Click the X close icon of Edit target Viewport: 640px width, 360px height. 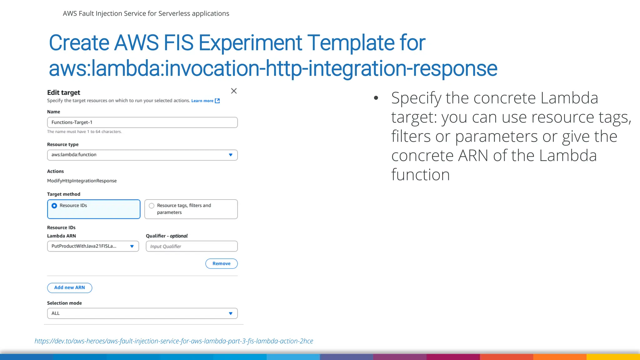(x=234, y=91)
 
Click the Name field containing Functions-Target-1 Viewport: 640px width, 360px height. (x=142, y=122)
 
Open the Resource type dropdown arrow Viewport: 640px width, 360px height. (x=231, y=155)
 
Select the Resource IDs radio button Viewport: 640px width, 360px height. (x=54, y=206)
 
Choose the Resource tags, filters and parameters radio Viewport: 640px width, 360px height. (x=152, y=206)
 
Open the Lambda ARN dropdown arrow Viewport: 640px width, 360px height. (x=132, y=246)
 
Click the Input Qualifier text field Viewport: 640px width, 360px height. (x=191, y=246)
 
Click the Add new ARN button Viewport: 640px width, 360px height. (x=69, y=287)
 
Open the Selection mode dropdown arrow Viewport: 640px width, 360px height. (x=231, y=313)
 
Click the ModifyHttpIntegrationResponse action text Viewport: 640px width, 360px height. (x=82, y=181)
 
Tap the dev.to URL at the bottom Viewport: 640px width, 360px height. (x=174, y=341)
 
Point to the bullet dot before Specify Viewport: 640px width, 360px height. (x=376, y=98)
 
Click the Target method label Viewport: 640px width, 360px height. (x=64, y=194)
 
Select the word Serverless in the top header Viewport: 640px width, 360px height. (x=174, y=13)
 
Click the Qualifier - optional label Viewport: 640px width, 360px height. (x=167, y=236)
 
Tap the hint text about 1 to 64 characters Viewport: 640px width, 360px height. (x=84, y=132)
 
